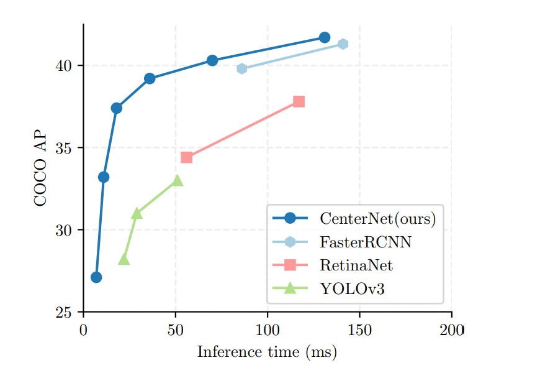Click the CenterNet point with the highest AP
(x=325, y=37)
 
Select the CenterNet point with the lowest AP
(x=96, y=277)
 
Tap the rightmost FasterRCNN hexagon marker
(x=343, y=44)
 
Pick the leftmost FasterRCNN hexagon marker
(x=242, y=68)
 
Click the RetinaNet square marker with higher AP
(x=299, y=101)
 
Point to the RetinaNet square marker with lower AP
(x=186, y=157)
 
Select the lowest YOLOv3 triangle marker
(x=124, y=260)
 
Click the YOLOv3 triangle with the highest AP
(x=178, y=180)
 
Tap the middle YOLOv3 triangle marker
(x=137, y=214)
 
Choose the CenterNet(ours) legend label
(x=377, y=219)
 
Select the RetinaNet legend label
(x=356, y=266)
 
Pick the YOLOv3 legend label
(x=352, y=289)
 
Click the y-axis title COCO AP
(x=40, y=168)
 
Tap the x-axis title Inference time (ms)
(x=267, y=352)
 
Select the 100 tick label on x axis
(x=268, y=329)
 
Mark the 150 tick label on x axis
(x=359, y=329)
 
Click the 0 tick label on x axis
(x=83, y=329)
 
